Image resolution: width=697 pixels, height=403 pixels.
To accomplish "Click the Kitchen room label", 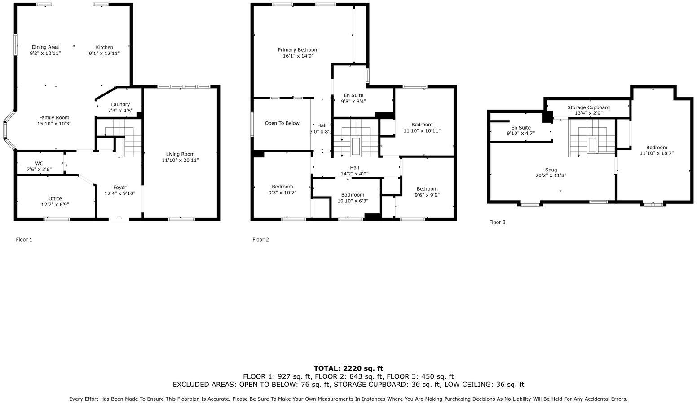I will pyautogui.click(x=104, y=47).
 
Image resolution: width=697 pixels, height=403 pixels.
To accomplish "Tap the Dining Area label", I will pyautogui.click(x=45, y=47).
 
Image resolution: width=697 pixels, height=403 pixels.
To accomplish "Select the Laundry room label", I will pyautogui.click(x=120, y=104).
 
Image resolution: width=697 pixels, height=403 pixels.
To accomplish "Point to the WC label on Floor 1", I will pyautogui.click(x=39, y=163).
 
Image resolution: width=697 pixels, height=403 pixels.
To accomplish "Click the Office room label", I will pyautogui.click(x=55, y=198).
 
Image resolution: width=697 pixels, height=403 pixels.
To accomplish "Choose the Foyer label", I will pyautogui.click(x=119, y=188).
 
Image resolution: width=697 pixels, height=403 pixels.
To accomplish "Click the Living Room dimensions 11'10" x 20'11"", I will pyautogui.click(x=181, y=160).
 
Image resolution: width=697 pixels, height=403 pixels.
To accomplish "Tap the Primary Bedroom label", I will pyautogui.click(x=298, y=50).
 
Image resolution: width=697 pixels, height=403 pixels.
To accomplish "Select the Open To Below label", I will pyautogui.click(x=282, y=123).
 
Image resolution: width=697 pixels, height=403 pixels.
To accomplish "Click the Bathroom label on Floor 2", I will pyautogui.click(x=353, y=195).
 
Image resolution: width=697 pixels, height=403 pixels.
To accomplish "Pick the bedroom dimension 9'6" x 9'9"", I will pyautogui.click(x=427, y=195).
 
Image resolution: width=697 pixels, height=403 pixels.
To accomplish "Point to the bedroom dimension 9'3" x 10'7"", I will pyautogui.click(x=282, y=193).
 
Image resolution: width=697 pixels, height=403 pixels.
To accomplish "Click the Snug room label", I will pyautogui.click(x=551, y=170).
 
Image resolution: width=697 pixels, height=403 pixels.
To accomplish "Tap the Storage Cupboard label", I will pyautogui.click(x=588, y=107).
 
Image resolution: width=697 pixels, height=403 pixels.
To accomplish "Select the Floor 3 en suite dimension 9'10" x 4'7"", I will pyautogui.click(x=521, y=133).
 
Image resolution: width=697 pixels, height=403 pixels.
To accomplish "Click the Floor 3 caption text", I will pyautogui.click(x=497, y=222).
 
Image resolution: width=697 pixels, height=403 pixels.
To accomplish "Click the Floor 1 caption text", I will pyautogui.click(x=24, y=240).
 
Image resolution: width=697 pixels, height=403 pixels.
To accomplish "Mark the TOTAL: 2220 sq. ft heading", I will pyautogui.click(x=348, y=368).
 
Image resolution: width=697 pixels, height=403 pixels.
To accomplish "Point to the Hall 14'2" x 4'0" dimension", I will pyautogui.click(x=354, y=174).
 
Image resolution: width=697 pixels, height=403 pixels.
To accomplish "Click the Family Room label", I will pyautogui.click(x=54, y=117).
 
